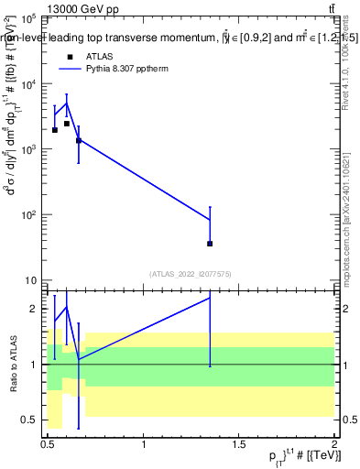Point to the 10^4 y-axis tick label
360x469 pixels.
[26, 84]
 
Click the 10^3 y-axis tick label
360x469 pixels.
[26, 149]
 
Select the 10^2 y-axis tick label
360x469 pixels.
[26, 215]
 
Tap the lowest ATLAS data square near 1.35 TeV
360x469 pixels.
[210, 244]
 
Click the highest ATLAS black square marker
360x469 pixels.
[67, 124]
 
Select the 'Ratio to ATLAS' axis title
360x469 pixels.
[13, 365]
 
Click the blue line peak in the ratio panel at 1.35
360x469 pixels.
[210, 298]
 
